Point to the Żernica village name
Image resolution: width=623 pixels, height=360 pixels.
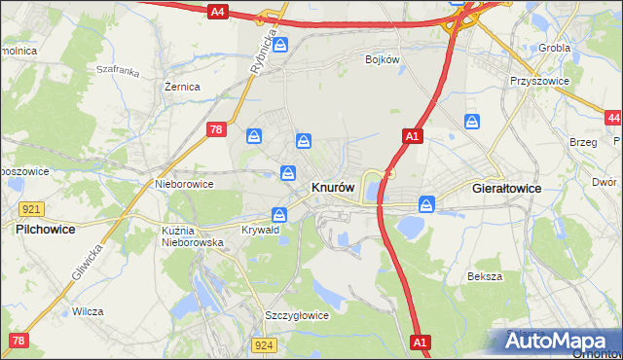pos(182,87)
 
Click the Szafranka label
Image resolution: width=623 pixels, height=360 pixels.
pos(119,71)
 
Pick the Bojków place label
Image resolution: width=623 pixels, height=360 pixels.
pos(383,59)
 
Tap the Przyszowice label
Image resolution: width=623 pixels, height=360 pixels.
pos(538,82)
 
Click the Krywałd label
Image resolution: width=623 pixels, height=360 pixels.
pos(261,231)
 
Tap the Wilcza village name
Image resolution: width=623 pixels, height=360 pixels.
pos(88,311)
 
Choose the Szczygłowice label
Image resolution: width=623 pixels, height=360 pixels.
pos(297,315)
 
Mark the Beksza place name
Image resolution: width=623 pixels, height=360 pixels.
pos(484,276)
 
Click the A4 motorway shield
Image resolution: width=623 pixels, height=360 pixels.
pos(218,12)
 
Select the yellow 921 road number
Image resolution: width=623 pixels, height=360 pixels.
pos(30,209)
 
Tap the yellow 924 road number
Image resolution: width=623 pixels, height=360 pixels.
pos(264,344)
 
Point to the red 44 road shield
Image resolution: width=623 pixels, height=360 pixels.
pos(612,118)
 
